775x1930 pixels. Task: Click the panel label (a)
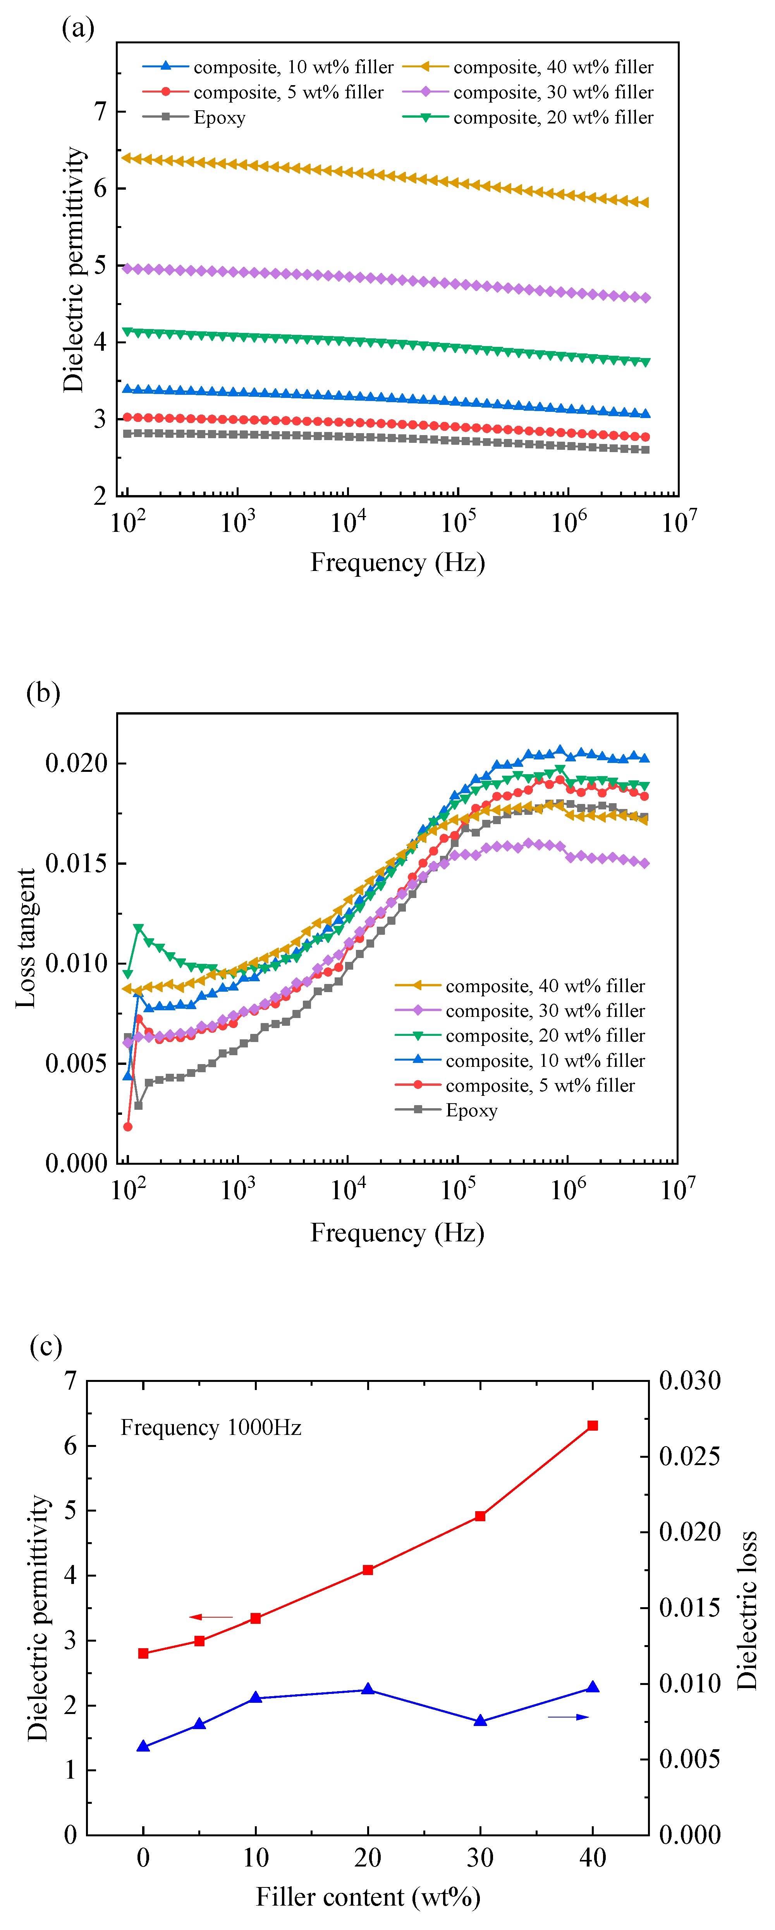coord(78,29)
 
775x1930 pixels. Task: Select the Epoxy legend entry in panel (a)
coord(219,118)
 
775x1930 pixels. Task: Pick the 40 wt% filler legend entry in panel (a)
coord(552,67)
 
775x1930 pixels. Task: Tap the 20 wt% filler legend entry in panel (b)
coord(545,1035)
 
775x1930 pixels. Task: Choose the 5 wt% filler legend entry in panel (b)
coord(540,1086)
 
